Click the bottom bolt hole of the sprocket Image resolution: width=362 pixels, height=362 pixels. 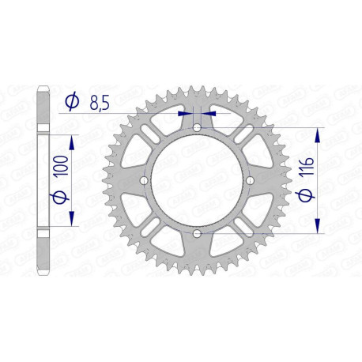click(198, 234)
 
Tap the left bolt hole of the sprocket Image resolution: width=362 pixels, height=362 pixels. click(144, 181)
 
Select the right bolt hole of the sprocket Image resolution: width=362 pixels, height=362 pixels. click(251, 181)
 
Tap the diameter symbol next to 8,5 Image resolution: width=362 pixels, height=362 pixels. click(72, 101)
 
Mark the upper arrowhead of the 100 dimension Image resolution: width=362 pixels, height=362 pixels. click(73, 140)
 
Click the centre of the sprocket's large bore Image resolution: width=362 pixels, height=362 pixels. click(198, 181)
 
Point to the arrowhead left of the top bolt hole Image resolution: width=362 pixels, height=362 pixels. click(187, 112)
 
